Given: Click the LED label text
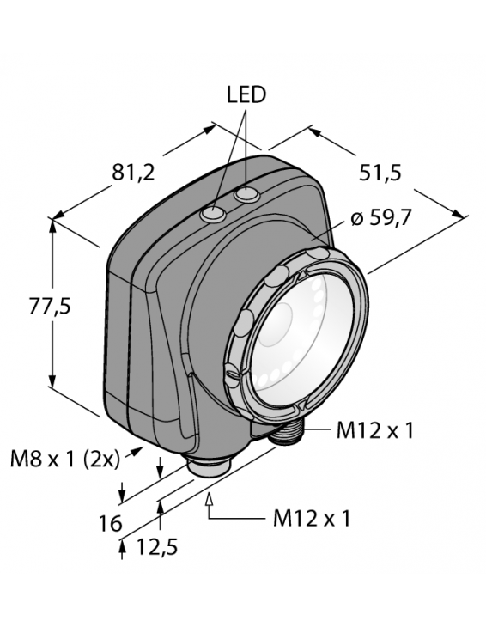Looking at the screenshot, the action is point(246,95).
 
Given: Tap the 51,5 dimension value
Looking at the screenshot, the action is point(380,173).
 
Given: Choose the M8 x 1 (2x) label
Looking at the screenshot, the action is point(64,460).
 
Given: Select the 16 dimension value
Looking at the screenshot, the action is point(110,524).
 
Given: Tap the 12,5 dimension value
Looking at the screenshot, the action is point(156,546).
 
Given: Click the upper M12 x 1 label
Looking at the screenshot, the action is point(374,430).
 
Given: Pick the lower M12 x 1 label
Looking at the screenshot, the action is point(312,520).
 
